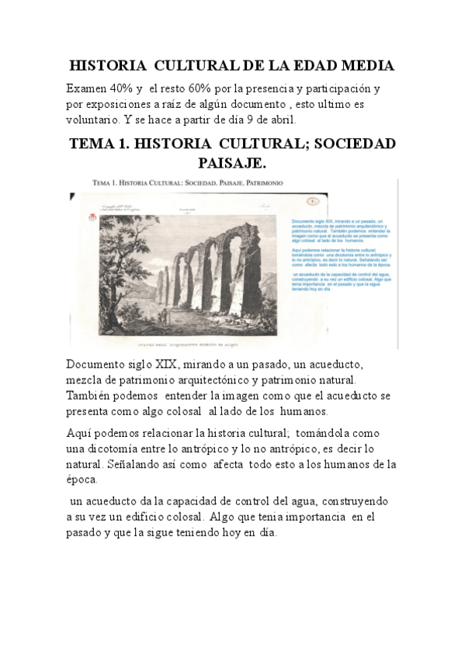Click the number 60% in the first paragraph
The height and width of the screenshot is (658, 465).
229,89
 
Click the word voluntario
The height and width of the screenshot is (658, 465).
92,119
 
